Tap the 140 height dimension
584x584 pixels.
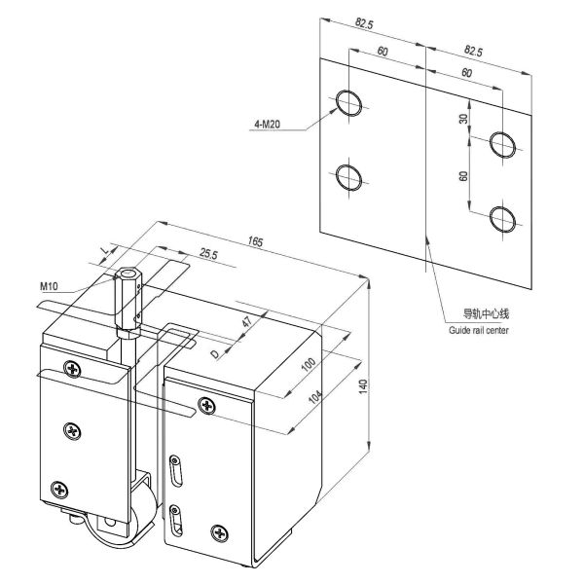[363, 385]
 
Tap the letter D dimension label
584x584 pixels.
[215, 354]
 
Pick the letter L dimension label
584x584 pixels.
[104, 255]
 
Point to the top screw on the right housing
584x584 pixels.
[205, 405]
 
